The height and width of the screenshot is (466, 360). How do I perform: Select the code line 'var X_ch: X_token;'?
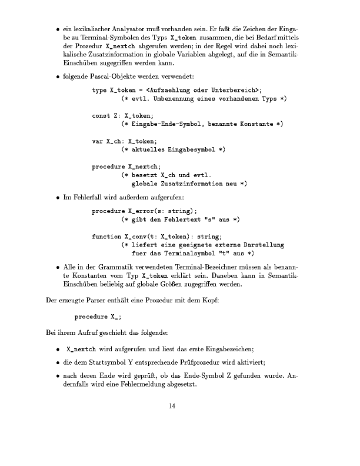(x=125, y=141)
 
